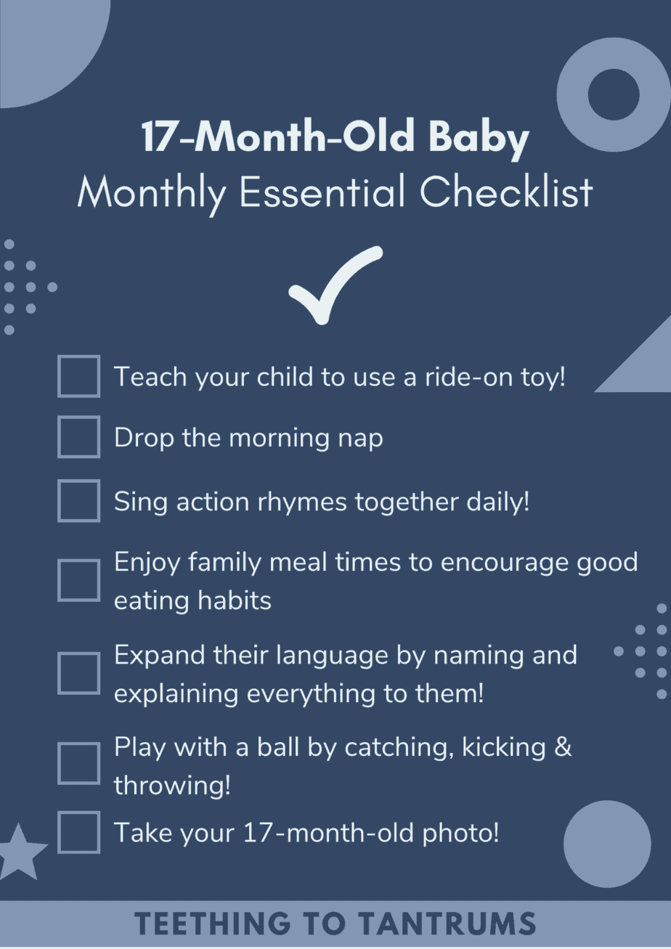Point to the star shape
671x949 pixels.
[x=19, y=852]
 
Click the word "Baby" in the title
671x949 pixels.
[x=479, y=137]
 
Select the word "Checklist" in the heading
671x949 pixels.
[x=506, y=192]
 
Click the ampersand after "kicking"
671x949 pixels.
[x=563, y=747]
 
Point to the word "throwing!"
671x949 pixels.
[x=172, y=785]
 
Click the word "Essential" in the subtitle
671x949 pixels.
[x=322, y=192]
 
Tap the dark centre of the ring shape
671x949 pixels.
[x=614, y=94]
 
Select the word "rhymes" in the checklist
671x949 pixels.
[x=302, y=502]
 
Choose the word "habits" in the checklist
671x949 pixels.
[x=235, y=600]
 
